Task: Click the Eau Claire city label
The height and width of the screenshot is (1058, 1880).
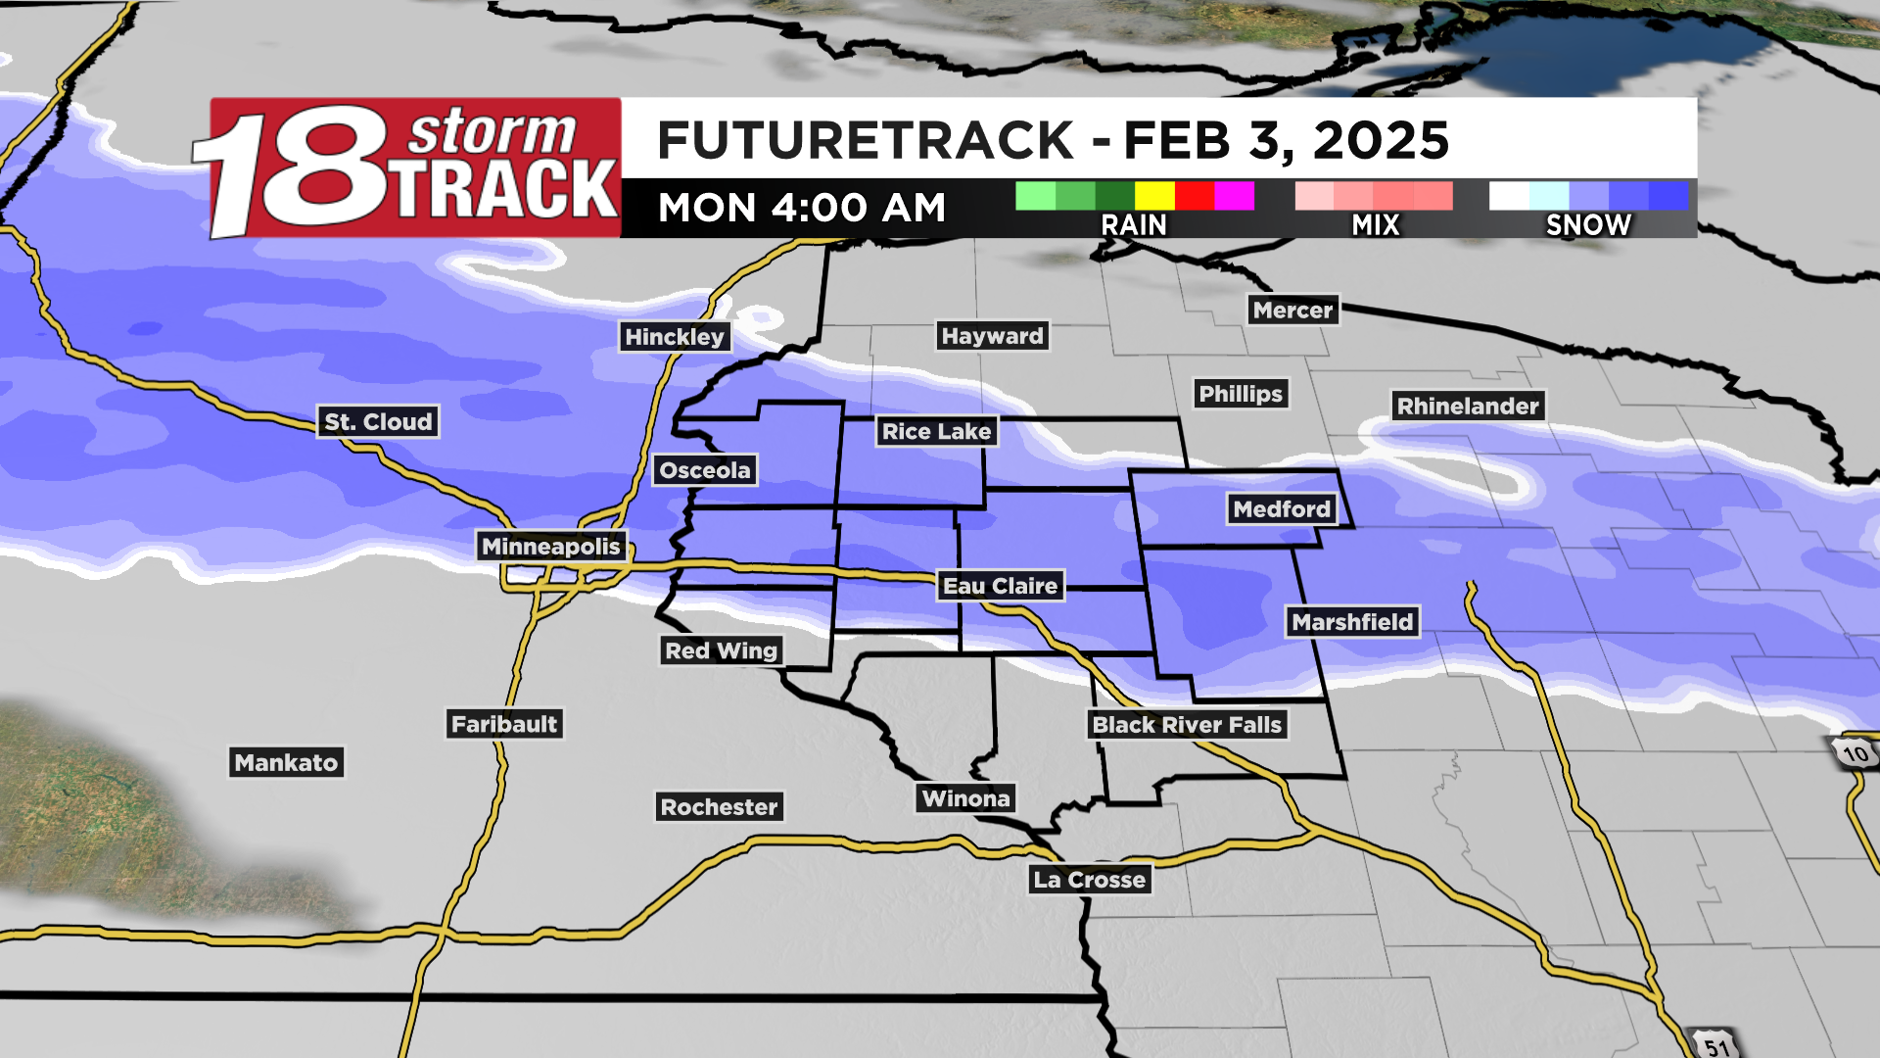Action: [x=1000, y=586]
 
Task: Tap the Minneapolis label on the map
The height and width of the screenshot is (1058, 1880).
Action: [x=550, y=547]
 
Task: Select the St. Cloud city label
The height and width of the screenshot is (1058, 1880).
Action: [x=378, y=422]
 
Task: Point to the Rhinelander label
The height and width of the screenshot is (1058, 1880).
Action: [x=1468, y=407]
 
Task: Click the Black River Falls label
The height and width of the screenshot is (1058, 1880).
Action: [x=1187, y=725]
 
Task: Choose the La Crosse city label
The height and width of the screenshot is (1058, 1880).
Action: [x=1089, y=880]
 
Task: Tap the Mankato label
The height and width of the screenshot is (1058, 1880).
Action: [x=286, y=763]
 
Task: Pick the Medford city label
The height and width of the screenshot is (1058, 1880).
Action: [x=1282, y=509]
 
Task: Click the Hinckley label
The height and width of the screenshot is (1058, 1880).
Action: [x=675, y=337]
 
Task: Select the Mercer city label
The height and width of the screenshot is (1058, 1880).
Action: [x=1292, y=311]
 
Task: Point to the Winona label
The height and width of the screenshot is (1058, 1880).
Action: [x=965, y=798]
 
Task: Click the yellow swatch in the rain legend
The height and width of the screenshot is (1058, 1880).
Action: [x=1154, y=196]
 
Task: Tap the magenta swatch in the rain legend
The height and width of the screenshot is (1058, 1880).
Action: [x=1234, y=196]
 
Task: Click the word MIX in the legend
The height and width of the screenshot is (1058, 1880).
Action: [x=1375, y=225]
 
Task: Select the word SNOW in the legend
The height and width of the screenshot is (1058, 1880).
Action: [x=1588, y=225]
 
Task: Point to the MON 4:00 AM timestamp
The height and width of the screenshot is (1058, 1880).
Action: [x=802, y=208]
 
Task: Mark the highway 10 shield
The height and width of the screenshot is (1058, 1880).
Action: [x=1854, y=753]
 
